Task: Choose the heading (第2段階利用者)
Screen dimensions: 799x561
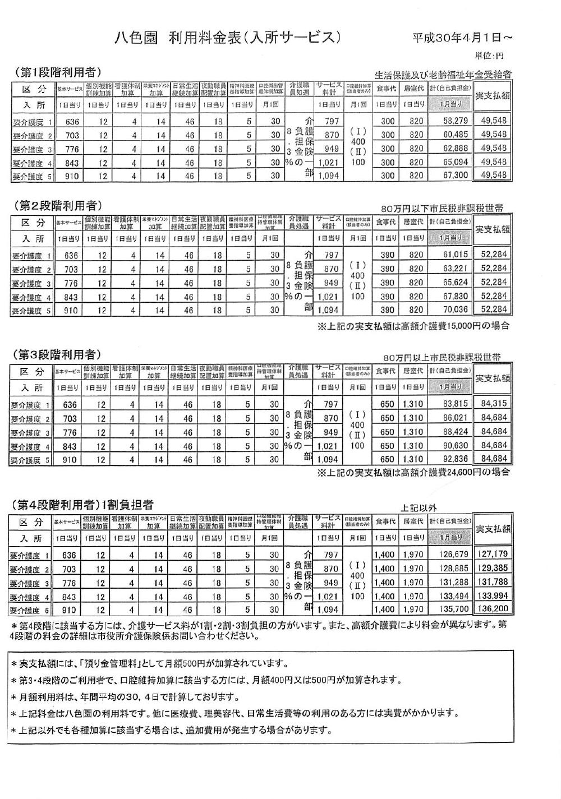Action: pyautogui.click(x=57, y=205)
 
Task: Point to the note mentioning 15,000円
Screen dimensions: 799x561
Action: pyautogui.click(x=413, y=325)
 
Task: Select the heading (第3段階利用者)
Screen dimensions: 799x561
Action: pyautogui.click(x=57, y=354)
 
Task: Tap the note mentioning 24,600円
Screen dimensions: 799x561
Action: pyautogui.click(x=413, y=472)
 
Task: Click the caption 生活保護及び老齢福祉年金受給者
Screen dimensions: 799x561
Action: pyautogui.click(x=443, y=75)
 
